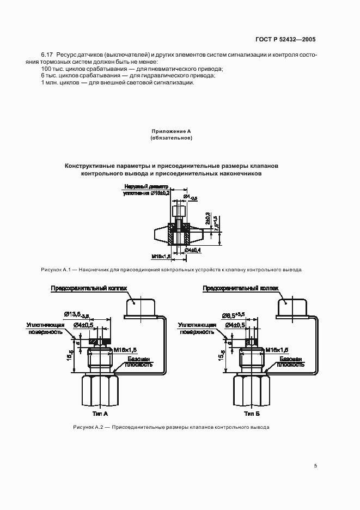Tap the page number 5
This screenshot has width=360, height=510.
(315, 466)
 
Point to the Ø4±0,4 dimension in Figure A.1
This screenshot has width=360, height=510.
(193, 250)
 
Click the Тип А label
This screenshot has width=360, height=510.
(101, 414)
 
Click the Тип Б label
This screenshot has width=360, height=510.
(252, 414)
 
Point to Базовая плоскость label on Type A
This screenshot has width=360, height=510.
(140, 362)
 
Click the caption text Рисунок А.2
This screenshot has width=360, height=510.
(88, 427)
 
